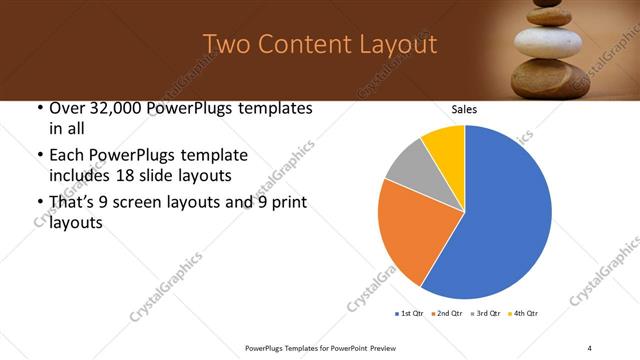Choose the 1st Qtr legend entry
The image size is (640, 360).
pyautogui.click(x=411, y=314)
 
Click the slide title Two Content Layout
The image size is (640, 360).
pyautogui.click(x=319, y=44)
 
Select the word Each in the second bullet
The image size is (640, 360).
pyautogui.click(x=66, y=155)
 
